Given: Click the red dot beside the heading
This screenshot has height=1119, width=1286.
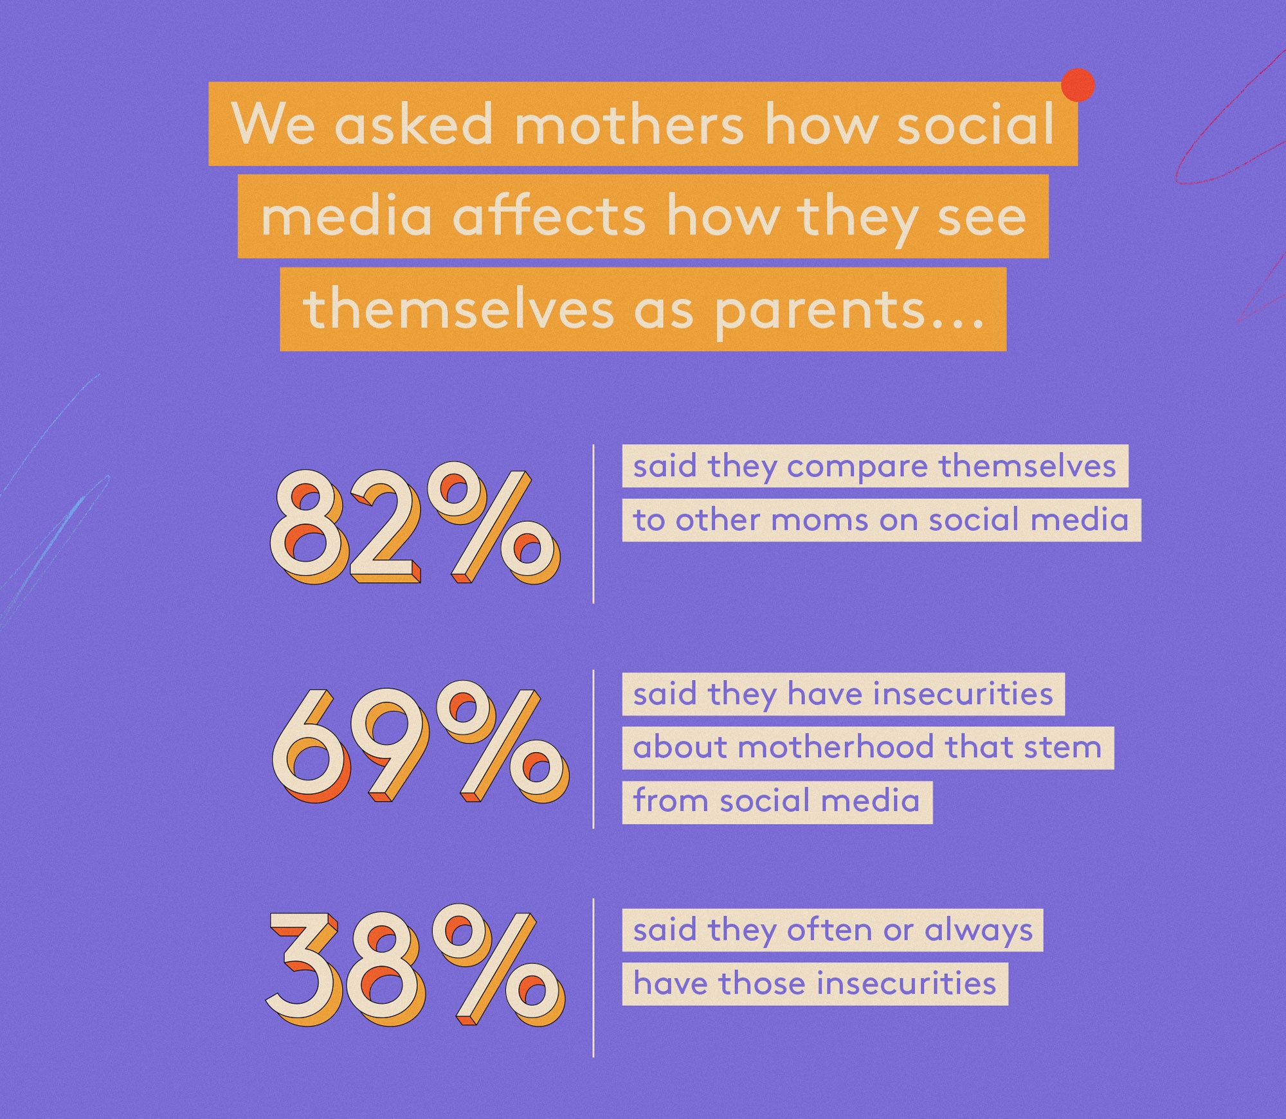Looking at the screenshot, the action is pyautogui.click(x=1078, y=85).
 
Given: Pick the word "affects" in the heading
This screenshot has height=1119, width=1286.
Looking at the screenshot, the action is pyautogui.click(x=549, y=216).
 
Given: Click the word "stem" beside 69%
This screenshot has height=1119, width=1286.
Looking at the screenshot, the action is pyautogui.click(x=1065, y=747).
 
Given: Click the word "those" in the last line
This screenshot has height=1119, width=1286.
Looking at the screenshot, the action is pyautogui.click(x=761, y=983).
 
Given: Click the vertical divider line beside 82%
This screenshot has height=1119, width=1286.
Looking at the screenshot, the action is pyautogui.click(x=593, y=524).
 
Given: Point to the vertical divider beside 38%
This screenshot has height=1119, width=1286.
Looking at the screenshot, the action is pyautogui.click(x=593, y=978).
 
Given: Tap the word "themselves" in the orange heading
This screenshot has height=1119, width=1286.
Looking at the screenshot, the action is pyautogui.click(x=458, y=310).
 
